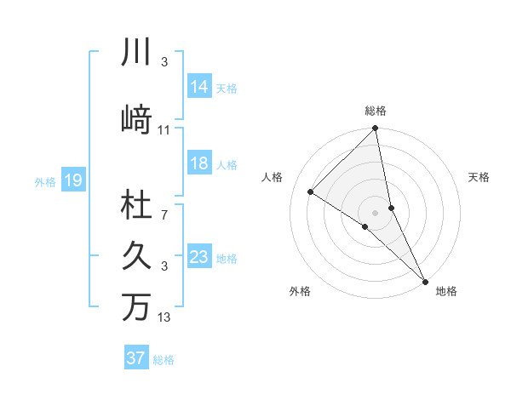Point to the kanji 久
coord(137,256)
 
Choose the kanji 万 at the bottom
coord(137,306)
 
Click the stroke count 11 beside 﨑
coord(164,130)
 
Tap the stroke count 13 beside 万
coord(164,318)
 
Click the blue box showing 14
coord(199,86)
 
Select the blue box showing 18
coord(199,163)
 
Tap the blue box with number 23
coord(199,257)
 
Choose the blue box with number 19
coord(73,180)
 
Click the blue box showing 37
coord(136,358)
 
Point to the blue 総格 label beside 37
coord(164,359)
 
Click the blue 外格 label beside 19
coord(45,181)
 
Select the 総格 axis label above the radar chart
coord(376,111)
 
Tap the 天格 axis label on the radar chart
coord(479,177)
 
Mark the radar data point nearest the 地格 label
coord(424,280)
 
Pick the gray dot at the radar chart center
coord(375,212)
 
